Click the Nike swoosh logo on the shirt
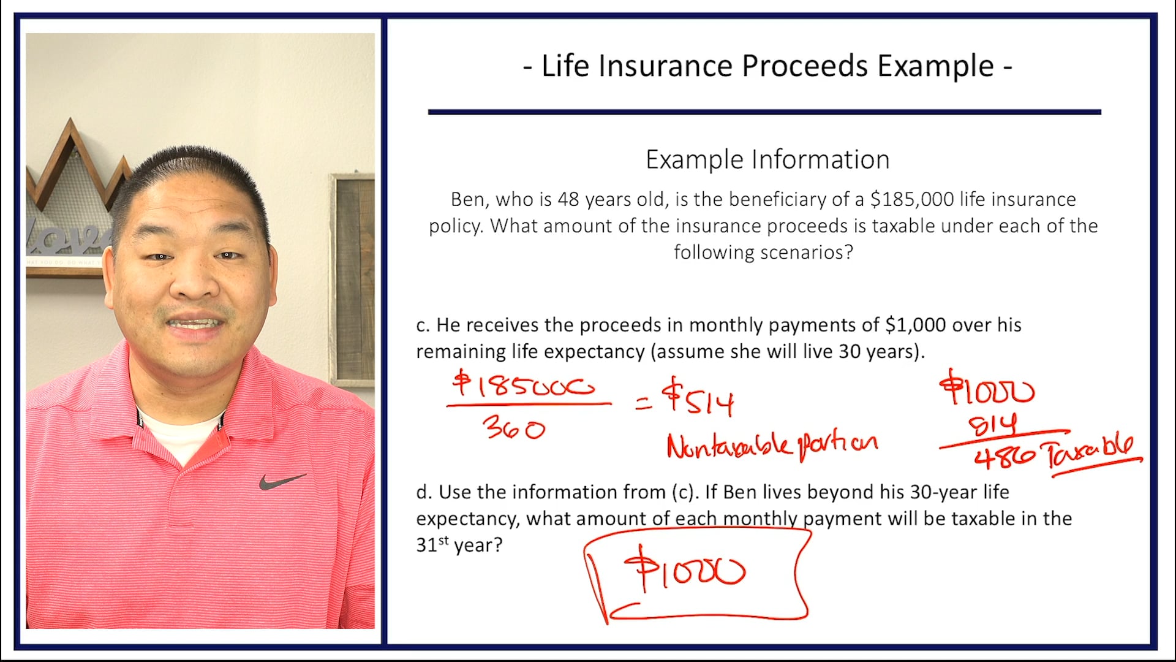point(281,481)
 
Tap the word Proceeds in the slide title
point(805,66)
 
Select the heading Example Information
point(767,160)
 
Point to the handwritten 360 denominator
point(513,428)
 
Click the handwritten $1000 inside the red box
point(684,569)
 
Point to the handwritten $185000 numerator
point(524,386)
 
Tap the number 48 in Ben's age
point(568,200)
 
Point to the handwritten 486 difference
point(1005,457)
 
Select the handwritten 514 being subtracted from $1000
point(992,424)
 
